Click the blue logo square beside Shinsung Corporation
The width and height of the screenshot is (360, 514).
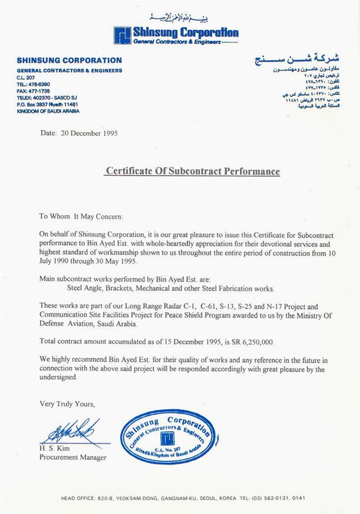pos(122,35)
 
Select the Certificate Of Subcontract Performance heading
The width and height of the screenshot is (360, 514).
pos(192,171)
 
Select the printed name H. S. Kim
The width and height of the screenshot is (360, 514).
pos(52,448)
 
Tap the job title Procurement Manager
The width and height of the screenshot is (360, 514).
pos(73,457)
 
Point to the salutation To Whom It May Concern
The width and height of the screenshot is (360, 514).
pos(80,216)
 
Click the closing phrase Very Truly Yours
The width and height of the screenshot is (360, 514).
pos(67,404)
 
